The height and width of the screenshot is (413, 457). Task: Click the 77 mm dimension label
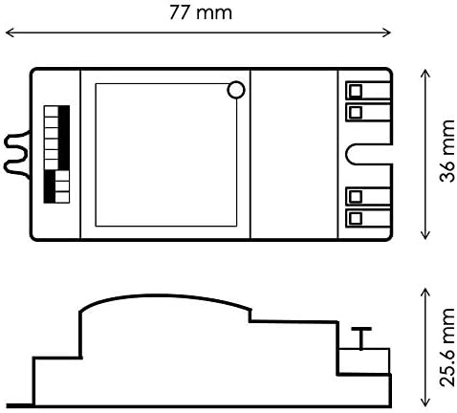201,13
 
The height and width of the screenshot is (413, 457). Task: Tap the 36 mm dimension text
446,151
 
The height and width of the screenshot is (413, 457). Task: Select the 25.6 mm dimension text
446,347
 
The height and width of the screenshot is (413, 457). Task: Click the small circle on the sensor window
236,90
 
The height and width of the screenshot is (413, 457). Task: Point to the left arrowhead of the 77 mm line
10,33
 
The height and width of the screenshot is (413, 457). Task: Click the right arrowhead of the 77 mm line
386,33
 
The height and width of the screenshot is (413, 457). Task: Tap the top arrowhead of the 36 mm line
425,74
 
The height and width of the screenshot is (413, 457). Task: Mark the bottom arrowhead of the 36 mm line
425,235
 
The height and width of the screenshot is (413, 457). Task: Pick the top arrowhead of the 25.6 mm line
425,293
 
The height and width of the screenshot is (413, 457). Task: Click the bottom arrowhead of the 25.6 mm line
425,402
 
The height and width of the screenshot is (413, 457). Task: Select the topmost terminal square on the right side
356,91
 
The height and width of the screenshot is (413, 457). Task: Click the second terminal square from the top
356,112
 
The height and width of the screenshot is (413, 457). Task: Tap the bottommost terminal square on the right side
356,218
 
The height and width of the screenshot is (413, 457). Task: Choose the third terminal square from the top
356,197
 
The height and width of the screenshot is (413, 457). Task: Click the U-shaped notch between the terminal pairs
347,154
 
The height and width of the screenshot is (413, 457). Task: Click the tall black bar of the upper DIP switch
64,138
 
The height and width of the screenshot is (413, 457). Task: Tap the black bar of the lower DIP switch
50,186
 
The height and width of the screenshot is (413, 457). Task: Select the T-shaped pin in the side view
361,338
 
